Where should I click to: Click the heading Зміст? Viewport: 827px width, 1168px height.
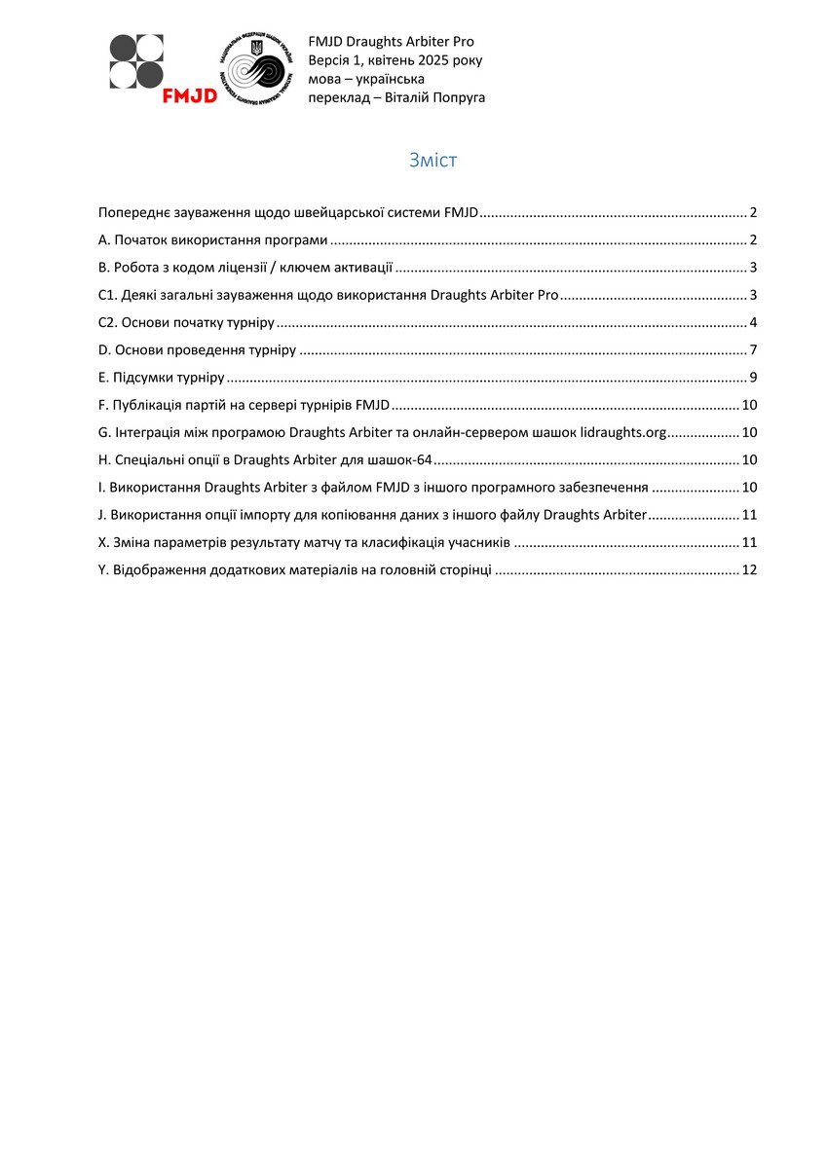432,161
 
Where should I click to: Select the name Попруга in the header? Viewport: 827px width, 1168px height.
453,97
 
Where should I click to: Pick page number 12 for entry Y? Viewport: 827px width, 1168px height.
749,570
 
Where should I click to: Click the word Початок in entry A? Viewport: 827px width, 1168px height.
146,240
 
